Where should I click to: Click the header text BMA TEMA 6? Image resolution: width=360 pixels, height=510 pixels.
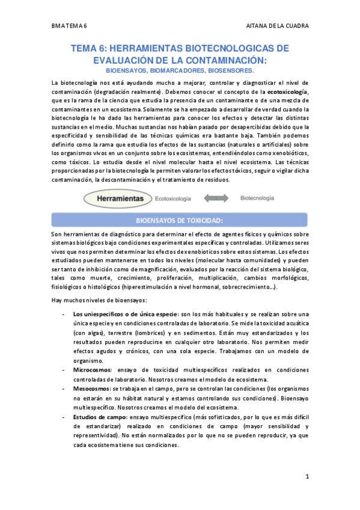tap(70, 26)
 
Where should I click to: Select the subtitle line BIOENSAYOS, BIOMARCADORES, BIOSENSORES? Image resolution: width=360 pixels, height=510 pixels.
tap(180, 70)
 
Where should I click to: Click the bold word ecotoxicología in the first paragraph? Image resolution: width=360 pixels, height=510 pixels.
tap(287, 92)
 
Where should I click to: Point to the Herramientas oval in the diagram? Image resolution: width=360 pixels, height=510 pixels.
tap(117, 197)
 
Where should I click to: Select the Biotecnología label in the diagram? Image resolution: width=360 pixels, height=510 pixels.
tap(257, 197)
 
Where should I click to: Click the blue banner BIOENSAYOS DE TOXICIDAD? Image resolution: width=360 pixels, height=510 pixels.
tap(180, 220)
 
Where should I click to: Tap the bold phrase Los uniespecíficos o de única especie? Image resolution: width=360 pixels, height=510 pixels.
tap(125, 314)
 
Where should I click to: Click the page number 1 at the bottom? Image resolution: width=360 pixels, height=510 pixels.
tap(307, 478)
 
